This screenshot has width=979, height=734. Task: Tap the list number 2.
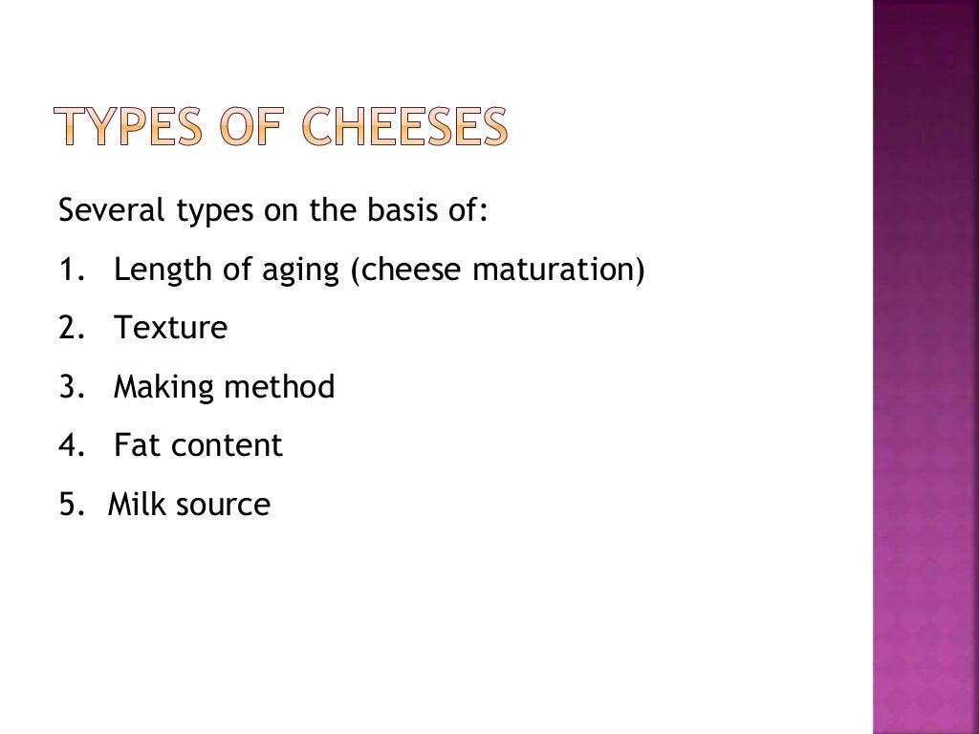[x=68, y=329]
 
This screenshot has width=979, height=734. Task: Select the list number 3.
[x=68, y=387]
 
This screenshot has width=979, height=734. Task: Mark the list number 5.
[x=68, y=504]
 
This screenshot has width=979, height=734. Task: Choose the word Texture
[x=171, y=329]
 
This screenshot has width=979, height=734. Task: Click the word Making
[x=164, y=388]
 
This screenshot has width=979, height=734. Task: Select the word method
[x=279, y=387]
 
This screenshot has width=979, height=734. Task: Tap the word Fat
[x=135, y=445]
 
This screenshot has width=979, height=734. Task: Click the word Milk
[x=137, y=504]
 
